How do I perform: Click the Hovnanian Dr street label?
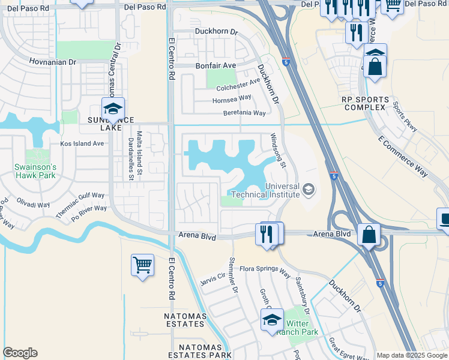[53, 62]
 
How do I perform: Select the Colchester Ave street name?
[238, 85]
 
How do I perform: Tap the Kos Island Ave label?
[82, 144]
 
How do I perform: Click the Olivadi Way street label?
[33, 204]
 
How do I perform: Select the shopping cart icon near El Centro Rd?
[142, 265]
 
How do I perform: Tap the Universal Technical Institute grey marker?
[309, 190]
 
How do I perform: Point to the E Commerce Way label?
[403, 157]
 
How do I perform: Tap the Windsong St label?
[280, 151]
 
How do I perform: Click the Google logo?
[20, 353]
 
